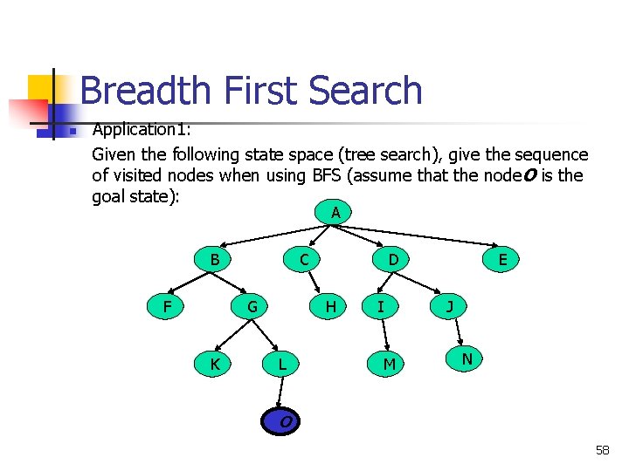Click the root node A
click(335, 212)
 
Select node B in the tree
click(215, 259)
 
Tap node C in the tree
click(303, 259)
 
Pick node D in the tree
click(393, 259)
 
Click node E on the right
click(502, 259)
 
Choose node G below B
click(252, 306)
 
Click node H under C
click(330, 306)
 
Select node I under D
click(380, 306)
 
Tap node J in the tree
click(449, 306)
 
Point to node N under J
click(467, 358)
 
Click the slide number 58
click(602, 450)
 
